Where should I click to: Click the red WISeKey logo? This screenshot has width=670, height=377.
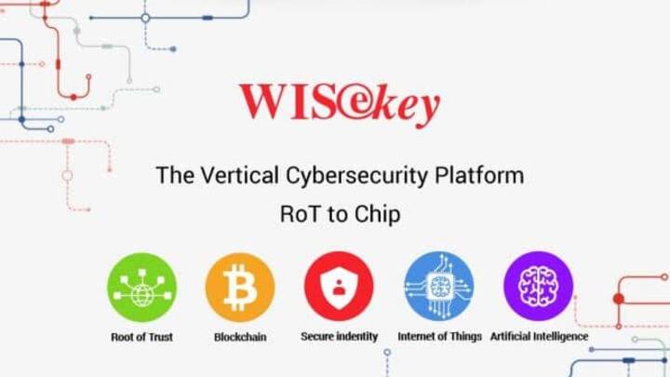click(x=340, y=104)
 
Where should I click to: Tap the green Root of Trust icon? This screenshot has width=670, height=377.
click(x=141, y=288)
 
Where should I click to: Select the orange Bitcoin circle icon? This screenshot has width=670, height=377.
click(x=240, y=288)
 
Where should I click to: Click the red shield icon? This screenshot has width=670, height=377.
click(x=339, y=287)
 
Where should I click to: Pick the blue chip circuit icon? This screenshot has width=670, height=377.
click(x=439, y=286)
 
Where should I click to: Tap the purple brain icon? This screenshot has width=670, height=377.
click(x=539, y=286)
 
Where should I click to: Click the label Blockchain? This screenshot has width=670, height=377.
click(x=240, y=337)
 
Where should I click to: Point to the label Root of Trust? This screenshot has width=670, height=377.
click(x=141, y=337)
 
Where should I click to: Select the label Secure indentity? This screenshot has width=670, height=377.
click(x=340, y=336)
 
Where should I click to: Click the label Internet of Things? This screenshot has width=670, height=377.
click(x=439, y=337)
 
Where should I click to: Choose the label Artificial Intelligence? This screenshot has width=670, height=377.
click(x=539, y=337)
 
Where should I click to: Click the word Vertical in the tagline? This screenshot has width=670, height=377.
click(x=240, y=175)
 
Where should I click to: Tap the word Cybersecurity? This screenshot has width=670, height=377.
click(x=356, y=176)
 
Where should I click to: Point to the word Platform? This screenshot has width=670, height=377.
click(x=479, y=175)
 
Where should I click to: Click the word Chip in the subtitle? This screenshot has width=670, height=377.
click(x=377, y=215)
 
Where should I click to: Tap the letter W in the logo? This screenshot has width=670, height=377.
click(x=264, y=101)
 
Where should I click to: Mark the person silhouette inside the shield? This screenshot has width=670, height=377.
click(x=339, y=288)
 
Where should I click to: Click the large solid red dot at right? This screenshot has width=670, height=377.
click(x=618, y=299)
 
